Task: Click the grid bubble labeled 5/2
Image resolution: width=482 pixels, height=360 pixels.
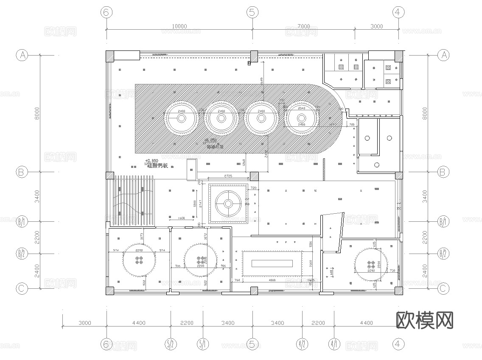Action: coord(171,344)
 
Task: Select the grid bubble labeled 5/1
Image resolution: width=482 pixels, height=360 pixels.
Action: coord(203,344)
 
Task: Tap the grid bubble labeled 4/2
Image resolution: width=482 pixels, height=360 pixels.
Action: coord(302,344)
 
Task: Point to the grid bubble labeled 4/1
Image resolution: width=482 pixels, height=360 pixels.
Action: coord(334,344)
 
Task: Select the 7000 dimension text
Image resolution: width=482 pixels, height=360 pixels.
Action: coord(303,26)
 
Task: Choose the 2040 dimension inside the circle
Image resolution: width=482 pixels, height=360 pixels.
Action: coord(302,109)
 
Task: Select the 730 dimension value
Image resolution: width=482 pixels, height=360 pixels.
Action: coord(392,271)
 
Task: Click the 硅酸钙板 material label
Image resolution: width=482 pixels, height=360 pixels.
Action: coord(157,166)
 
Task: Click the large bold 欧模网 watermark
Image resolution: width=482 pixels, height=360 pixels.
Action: coord(424,320)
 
